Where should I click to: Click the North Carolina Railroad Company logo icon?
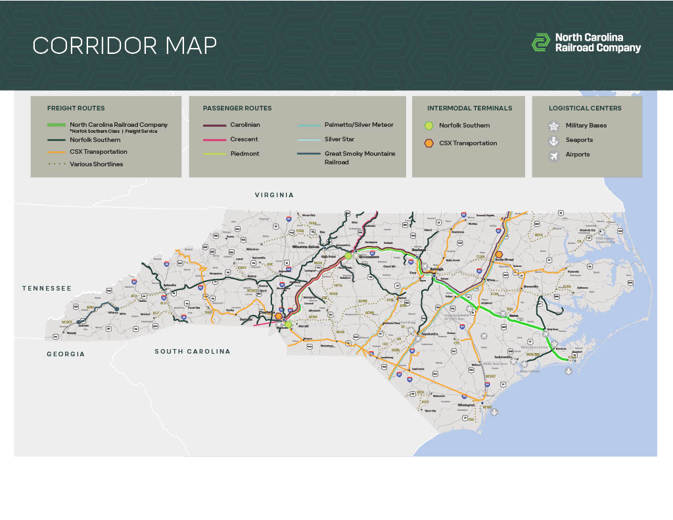540,43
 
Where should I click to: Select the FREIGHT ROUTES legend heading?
76,108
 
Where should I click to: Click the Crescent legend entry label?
244,139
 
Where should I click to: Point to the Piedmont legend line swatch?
214,154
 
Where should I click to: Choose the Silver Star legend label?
339,139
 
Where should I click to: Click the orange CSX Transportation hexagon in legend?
429,143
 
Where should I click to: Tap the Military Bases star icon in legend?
553,126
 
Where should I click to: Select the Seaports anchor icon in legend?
553,140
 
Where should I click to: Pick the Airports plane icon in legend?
553,155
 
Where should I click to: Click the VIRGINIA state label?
274,195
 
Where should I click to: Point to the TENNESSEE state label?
46,288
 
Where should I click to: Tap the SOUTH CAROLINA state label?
193,351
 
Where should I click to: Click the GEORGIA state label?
66,354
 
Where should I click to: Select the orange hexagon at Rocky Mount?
499,254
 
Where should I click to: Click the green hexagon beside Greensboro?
348,255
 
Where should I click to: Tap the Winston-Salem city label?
306,247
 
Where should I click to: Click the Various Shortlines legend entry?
96,164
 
